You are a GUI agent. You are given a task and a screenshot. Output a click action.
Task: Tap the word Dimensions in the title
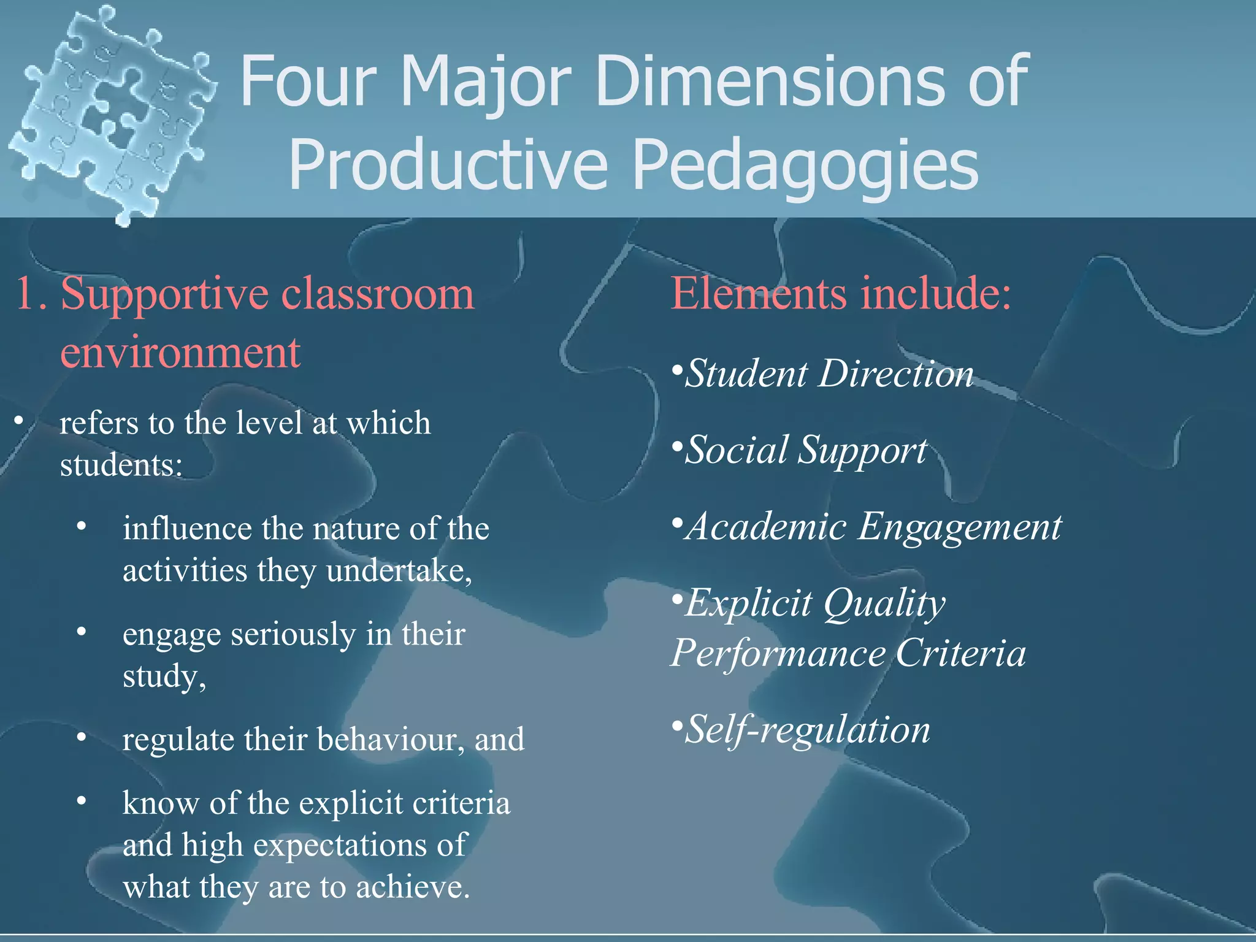[770, 81]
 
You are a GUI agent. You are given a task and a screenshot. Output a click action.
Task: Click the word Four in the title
[308, 81]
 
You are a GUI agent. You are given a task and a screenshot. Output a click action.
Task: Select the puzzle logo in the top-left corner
[110, 113]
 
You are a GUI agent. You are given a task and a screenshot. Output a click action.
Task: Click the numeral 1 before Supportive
[28, 294]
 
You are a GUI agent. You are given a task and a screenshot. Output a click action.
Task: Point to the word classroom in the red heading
[377, 294]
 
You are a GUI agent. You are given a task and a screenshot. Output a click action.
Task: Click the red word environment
[180, 353]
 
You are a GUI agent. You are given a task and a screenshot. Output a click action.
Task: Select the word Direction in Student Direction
[896, 374]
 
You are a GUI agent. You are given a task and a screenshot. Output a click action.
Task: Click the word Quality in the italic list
[884, 604]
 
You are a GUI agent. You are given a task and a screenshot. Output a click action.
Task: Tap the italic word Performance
[778, 653]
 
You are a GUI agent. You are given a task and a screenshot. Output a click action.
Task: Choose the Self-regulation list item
[806, 730]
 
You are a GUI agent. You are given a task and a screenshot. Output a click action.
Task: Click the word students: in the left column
[121, 465]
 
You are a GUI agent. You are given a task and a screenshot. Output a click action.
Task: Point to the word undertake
[399, 571]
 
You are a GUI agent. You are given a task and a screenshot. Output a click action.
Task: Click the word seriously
[293, 634]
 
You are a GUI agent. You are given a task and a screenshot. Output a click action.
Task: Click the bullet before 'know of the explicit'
[82, 802]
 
